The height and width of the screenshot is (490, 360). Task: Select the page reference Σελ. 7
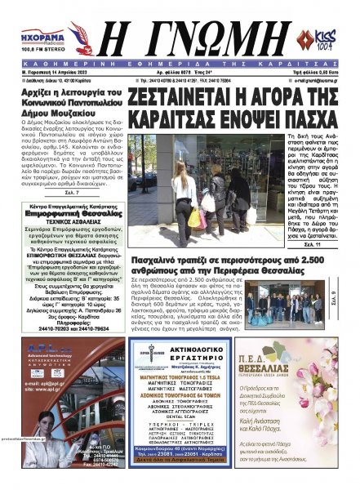72,194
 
